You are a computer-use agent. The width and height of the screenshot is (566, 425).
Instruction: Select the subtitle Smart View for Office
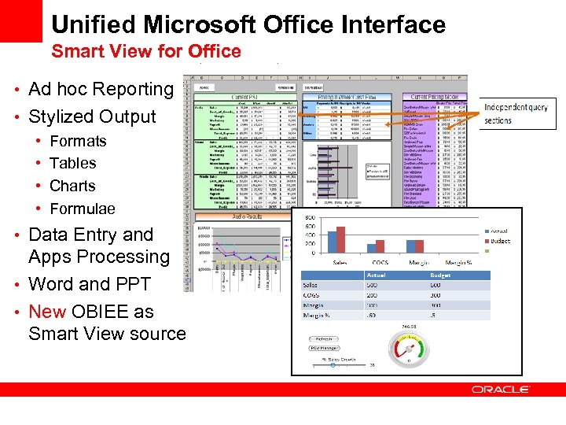coord(146,52)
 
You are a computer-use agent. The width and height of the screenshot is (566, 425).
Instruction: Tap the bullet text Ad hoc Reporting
coord(101,89)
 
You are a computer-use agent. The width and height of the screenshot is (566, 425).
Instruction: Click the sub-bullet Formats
coord(78,142)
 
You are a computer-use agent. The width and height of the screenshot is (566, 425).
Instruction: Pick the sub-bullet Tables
coord(72,164)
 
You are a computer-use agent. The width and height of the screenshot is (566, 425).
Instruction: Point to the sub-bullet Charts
coord(72,187)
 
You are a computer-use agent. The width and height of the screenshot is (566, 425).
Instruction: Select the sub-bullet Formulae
coord(82,209)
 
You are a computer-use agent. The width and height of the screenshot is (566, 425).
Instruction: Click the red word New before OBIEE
coord(47,312)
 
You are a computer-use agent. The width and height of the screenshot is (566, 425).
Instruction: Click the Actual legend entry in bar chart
coord(494,231)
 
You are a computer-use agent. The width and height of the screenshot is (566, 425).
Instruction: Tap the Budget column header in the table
coord(440,276)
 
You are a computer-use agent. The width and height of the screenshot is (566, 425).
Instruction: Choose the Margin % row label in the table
coord(318,316)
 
